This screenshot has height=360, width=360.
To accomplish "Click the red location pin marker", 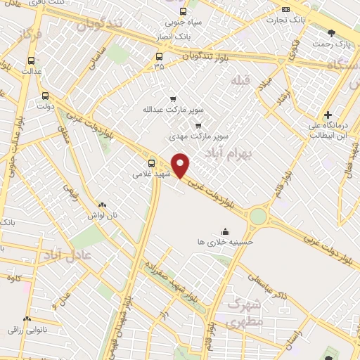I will click(181, 165).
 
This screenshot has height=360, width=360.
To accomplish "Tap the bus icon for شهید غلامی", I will click(152, 164).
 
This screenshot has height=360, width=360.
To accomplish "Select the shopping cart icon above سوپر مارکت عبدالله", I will click(173, 99).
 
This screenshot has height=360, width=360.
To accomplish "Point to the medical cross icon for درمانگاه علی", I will click(328, 115).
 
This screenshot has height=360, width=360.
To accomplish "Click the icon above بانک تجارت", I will click(285, 9).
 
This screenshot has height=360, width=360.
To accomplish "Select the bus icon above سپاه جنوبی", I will click(184, 11).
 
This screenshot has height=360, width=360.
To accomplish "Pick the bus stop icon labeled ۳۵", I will click(159, 57).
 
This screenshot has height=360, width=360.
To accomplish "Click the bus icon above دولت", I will click(46, 96).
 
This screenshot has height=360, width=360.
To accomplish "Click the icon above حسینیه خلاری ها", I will click(225, 231).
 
